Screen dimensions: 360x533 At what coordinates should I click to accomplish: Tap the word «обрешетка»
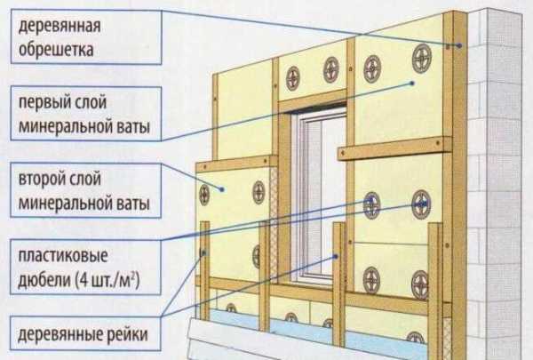(49, 45)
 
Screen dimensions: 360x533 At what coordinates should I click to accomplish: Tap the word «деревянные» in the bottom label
(55, 336)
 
